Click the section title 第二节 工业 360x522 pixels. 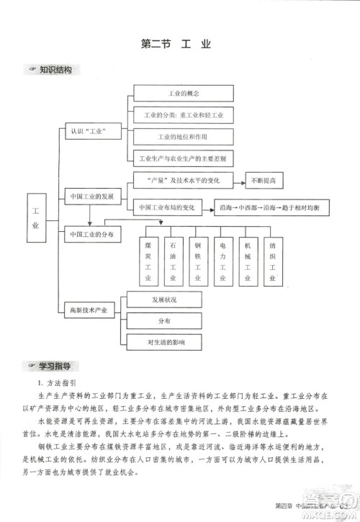176,45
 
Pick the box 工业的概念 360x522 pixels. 183,94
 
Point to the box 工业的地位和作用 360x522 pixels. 183,136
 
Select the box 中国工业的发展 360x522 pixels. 91,196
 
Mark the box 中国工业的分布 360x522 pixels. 94,235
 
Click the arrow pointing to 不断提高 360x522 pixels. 236,179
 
